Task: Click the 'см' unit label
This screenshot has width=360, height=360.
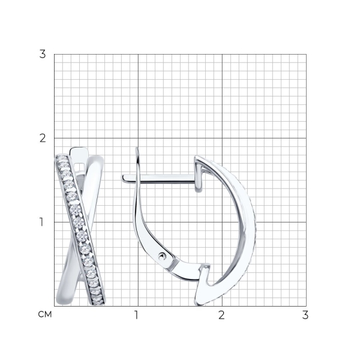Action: click(45, 314)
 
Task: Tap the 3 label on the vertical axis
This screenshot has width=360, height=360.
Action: click(43, 54)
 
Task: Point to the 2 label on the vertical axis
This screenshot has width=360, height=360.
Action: click(43, 138)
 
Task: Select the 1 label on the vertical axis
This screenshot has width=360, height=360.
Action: click(41, 222)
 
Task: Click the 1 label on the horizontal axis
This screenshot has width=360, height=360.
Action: click(136, 315)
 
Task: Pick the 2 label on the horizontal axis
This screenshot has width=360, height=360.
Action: click(221, 315)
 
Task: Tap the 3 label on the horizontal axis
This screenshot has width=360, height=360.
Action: click(305, 315)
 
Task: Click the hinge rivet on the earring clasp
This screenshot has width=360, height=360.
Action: click(163, 256)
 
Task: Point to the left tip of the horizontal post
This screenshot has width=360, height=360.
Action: click(122, 178)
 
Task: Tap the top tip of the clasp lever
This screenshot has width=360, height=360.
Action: click(137, 148)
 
